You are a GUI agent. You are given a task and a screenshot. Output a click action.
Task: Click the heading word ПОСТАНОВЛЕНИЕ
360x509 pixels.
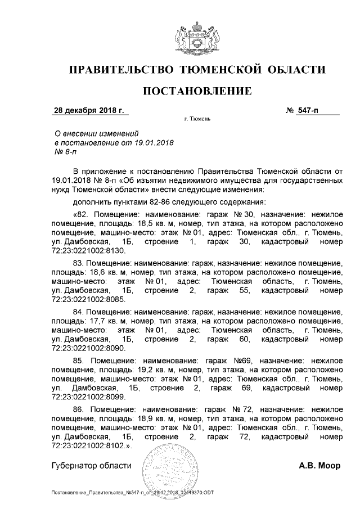[196, 91]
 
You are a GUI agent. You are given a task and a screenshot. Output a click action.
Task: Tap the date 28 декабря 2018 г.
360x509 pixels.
[88, 110]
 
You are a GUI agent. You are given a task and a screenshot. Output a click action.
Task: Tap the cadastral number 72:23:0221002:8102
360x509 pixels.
[87, 445]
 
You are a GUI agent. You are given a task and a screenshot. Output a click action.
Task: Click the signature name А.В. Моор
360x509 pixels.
[319, 466]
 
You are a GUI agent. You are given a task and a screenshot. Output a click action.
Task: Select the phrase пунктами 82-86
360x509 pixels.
[140, 201]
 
